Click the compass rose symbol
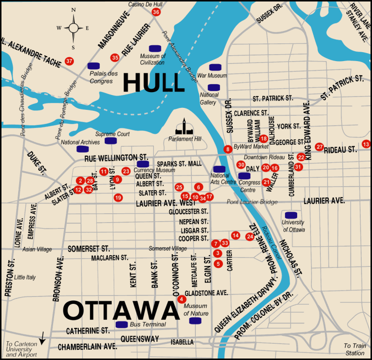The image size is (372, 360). (73, 28)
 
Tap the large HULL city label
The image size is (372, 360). (154, 82)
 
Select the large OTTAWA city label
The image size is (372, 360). (121, 310)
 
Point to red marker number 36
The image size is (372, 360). (156, 12)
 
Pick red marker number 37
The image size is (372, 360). (69, 62)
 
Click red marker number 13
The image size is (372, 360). (366, 144)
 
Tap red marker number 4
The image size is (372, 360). (182, 299)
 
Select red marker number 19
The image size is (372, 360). (118, 197)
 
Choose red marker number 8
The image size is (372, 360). (227, 149)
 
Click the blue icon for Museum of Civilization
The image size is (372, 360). (155, 48)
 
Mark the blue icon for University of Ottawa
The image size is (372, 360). (291, 215)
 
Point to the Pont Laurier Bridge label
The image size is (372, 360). (252, 202)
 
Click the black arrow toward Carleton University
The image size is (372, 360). (42, 338)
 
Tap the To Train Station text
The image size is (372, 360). (354, 349)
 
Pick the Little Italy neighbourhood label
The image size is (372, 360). (25, 277)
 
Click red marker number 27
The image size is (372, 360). (319, 147)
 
